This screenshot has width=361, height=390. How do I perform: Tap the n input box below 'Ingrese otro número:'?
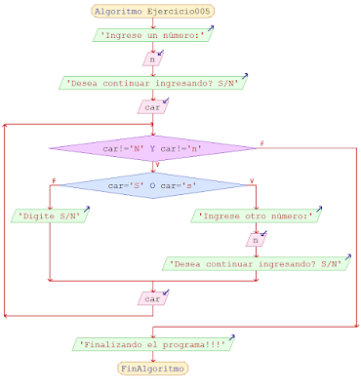click(x=254, y=239)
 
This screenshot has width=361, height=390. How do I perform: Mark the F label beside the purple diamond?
click(x=261, y=143)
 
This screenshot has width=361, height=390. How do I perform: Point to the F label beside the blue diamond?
click(x=54, y=178)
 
